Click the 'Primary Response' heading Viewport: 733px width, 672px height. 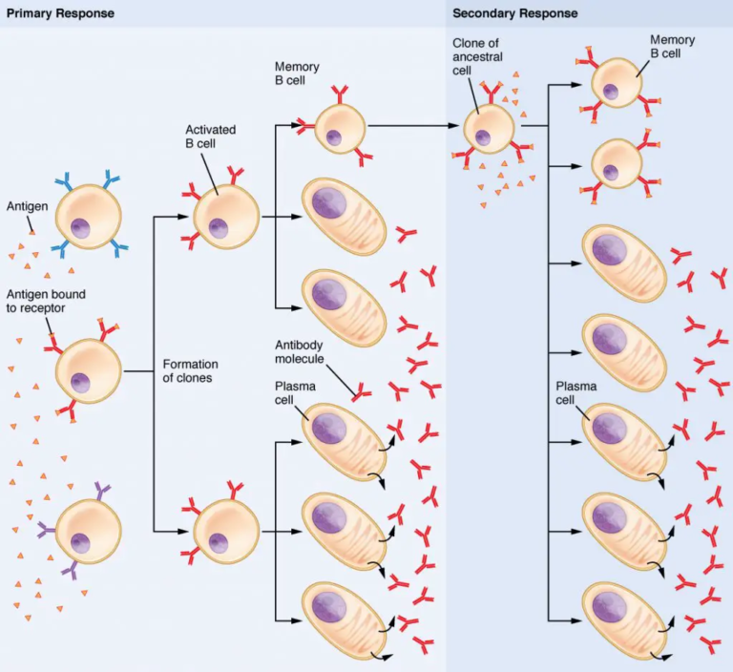point(60,13)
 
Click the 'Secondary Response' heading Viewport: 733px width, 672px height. point(514,13)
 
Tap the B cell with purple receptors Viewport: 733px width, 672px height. point(89,530)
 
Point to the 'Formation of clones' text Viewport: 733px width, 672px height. point(190,370)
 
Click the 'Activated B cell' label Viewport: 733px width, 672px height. point(210,136)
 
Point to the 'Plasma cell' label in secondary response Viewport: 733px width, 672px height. point(575,393)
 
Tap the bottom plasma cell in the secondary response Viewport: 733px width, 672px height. point(623,619)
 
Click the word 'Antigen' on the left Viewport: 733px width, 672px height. point(27,205)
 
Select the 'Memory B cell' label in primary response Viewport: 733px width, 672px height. point(297,74)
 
